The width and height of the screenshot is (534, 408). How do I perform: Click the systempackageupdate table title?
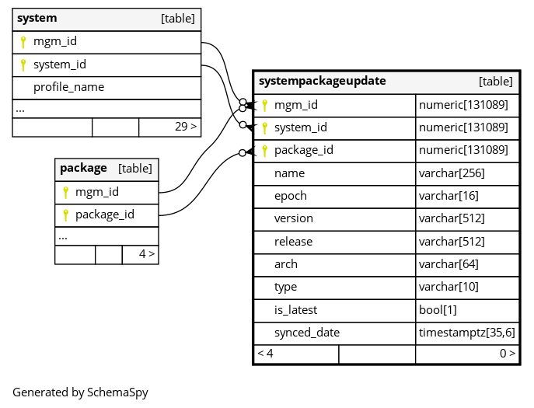pyautogui.click(x=322, y=82)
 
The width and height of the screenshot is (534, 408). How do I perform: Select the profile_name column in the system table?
pyautogui.click(x=69, y=87)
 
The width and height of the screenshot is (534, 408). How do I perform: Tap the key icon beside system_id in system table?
pyautogui.click(x=23, y=65)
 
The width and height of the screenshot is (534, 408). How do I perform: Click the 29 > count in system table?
pyautogui.click(x=186, y=127)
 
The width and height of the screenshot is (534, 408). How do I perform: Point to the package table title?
pyautogui.click(x=83, y=168)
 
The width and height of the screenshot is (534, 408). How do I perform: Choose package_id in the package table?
pyautogui.click(x=105, y=215)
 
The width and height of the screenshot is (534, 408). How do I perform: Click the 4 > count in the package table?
pyautogui.click(x=147, y=254)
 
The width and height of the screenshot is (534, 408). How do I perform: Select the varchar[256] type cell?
pyautogui.click(x=452, y=173)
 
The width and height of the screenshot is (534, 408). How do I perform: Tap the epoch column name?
pyautogui.click(x=291, y=196)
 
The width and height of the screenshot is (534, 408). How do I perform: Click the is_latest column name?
pyautogui.click(x=295, y=310)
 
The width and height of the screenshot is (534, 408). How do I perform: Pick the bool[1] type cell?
pyautogui.click(x=438, y=310)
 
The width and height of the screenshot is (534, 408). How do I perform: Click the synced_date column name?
pyautogui.click(x=307, y=333)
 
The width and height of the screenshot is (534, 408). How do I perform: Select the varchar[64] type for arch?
pyautogui.click(x=448, y=264)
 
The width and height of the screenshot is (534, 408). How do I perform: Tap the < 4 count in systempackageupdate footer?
pyautogui.click(x=265, y=354)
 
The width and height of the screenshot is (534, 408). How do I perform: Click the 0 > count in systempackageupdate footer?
pyautogui.click(x=508, y=354)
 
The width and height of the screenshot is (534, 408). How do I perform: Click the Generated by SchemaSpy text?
pyautogui.click(x=80, y=392)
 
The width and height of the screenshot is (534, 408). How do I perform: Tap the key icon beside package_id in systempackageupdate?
pyautogui.click(x=264, y=151)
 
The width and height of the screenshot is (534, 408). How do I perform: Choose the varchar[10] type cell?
pyautogui.click(x=448, y=287)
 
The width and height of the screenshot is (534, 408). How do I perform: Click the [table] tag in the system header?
pyautogui.click(x=178, y=19)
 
